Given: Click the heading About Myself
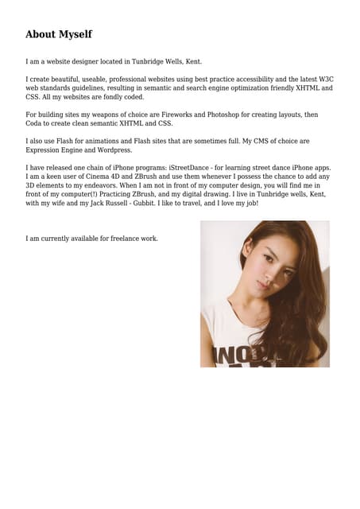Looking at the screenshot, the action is tap(59, 34).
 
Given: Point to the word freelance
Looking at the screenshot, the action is tap(126, 238).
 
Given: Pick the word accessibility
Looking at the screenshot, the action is tap(249, 80).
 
